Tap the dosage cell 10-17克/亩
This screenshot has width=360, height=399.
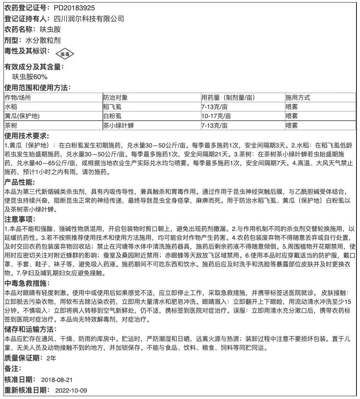tap(216, 116)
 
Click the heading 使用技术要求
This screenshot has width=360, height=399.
tap(26, 136)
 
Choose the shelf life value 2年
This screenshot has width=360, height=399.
tap(51, 358)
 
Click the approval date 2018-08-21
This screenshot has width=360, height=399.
tap(57, 380)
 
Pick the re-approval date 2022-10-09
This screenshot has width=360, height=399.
tap(71, 391)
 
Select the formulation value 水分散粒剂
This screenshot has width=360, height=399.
tap(45, 40)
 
